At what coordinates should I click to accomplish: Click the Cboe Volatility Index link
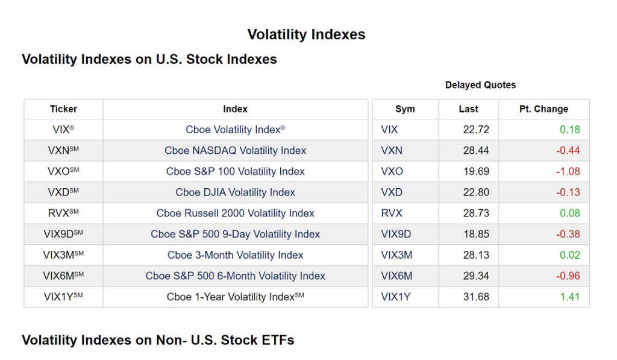click(235, 130)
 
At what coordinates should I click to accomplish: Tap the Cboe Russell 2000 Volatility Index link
click(235, 213)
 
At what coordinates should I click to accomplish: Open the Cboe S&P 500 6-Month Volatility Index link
click(235, 276)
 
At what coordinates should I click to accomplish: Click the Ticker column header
click(63, 109)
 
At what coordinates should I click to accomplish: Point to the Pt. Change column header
click(543, 109)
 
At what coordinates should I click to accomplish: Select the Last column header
click(468, 109)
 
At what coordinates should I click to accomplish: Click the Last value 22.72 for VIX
click(476, 130)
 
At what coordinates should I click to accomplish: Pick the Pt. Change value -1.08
click(568, 172)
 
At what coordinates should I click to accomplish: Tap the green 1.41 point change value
click(570, 297)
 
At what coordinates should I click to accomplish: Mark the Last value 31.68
click(476, 297)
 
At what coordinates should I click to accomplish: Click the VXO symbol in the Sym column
click(392, 172)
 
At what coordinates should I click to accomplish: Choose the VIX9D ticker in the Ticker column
click(63, 235)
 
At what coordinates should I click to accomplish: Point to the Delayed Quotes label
click(480, 85)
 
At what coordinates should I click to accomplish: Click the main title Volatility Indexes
click(306, 34)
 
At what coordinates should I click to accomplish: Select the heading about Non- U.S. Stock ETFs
click(158, 340)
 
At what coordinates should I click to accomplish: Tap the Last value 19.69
click(476, 172)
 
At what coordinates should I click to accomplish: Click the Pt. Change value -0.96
click(568, 276)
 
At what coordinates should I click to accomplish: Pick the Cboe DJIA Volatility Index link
click(235, 192)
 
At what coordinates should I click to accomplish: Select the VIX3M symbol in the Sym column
click(396, 255)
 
